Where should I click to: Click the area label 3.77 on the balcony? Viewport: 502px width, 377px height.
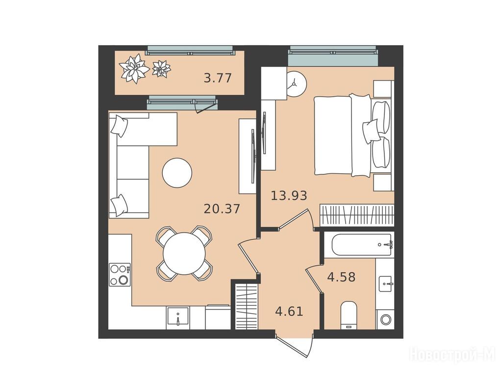point(218,78)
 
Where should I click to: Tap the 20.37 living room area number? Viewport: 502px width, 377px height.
point(222,209)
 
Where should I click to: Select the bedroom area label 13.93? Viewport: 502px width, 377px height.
point(289,195)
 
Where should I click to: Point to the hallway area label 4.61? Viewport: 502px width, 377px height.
point(289,311)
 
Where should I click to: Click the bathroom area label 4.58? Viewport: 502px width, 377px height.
point(341,277)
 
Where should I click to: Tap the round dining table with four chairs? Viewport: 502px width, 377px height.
point(184,253)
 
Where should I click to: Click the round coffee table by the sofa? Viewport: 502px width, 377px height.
point(177,173)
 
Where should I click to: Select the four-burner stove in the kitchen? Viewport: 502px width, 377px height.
point(120,274)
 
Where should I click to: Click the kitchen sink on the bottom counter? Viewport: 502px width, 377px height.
point(177,317)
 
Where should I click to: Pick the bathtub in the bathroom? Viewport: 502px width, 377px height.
point(362,245)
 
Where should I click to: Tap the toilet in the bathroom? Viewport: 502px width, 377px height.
point(349,315)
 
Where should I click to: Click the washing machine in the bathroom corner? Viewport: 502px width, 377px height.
point(385,319)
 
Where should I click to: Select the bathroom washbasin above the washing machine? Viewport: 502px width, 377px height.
point(385,284)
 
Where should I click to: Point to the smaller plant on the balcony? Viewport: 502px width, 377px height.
point(161,69)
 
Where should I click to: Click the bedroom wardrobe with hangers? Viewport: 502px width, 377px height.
point(357,215)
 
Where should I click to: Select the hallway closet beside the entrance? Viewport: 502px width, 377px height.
point(247,306)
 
